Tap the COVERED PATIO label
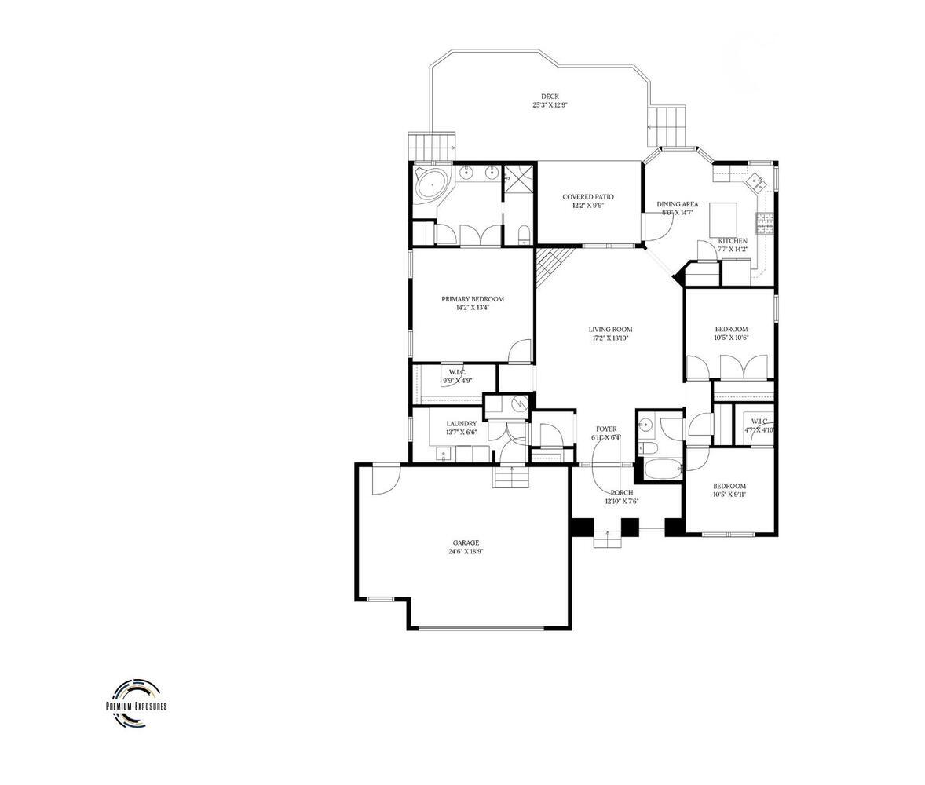588,197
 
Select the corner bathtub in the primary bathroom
429,184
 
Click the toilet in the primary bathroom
523,235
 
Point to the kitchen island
724,214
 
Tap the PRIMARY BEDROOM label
472,299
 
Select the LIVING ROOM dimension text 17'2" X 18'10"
610,338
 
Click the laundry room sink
441,454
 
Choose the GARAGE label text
465,542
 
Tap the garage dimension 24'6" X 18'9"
465,551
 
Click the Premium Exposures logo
137,701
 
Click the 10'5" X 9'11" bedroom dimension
729,495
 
